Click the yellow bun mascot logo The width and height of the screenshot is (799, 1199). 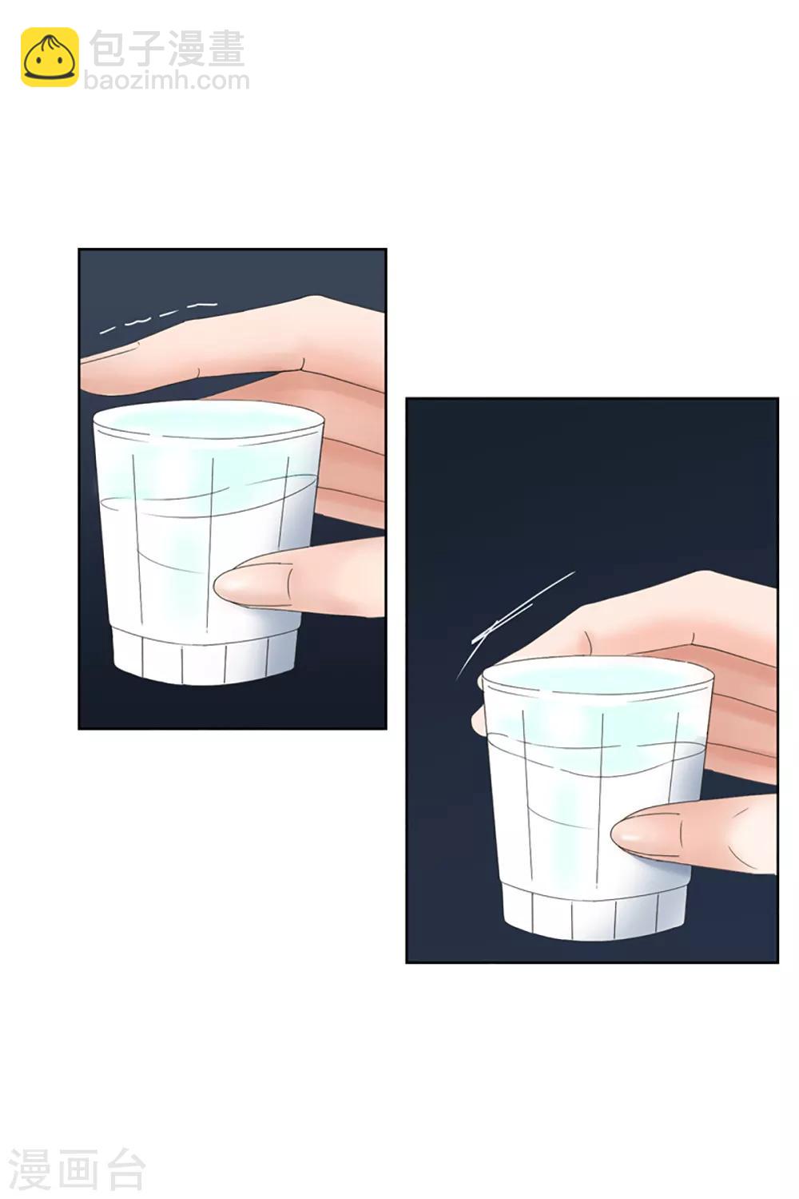(x=50, y=58)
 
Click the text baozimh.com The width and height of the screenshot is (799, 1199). (x=167, y=81)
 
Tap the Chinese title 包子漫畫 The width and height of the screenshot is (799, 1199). (x=167, y=49)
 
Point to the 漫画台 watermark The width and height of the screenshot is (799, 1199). (x=77, y=1170)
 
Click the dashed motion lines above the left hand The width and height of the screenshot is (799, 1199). (x=158, y=317)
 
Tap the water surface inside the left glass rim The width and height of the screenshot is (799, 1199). (x=208, y=417)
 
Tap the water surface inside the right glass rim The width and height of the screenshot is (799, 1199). (x=597, y=675)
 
